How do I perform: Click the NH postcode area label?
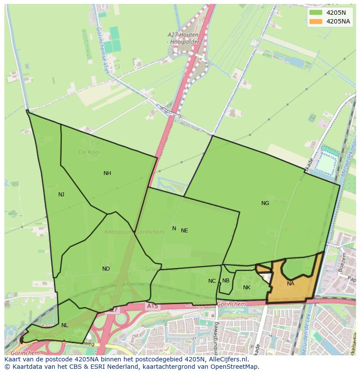[x=107, y=173]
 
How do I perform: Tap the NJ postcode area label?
[x=61, y=195]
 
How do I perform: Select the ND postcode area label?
[x=106, y=269]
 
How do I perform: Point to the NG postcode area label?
[x=265, y=203]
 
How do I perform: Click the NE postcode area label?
[x=184, y=231]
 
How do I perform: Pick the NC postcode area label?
[x=212, y=281]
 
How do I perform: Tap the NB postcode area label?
[x=226, y=281]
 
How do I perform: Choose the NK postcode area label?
[x=247, y=288]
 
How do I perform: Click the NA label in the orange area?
[x=290, y=284]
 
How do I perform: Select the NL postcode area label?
[x=64, y=325]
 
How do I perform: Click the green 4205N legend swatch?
[x=316, y=13]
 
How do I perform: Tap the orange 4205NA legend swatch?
[x=316, y=21]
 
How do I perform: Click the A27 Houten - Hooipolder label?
[x=183, y=38]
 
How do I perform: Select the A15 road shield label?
[x=152, y=306]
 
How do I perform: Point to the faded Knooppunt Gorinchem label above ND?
[x=134, y=232]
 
